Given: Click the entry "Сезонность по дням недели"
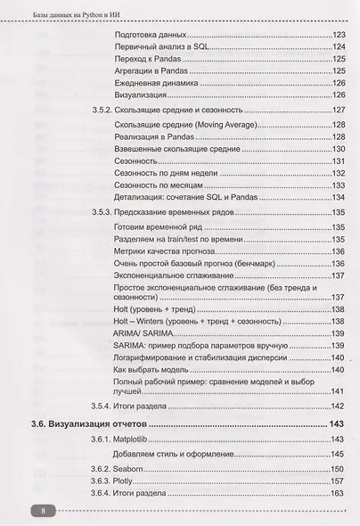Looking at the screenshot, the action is point(167,172).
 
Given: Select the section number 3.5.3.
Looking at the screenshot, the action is point(102,212).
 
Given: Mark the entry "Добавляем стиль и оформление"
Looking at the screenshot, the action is point(177,453).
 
